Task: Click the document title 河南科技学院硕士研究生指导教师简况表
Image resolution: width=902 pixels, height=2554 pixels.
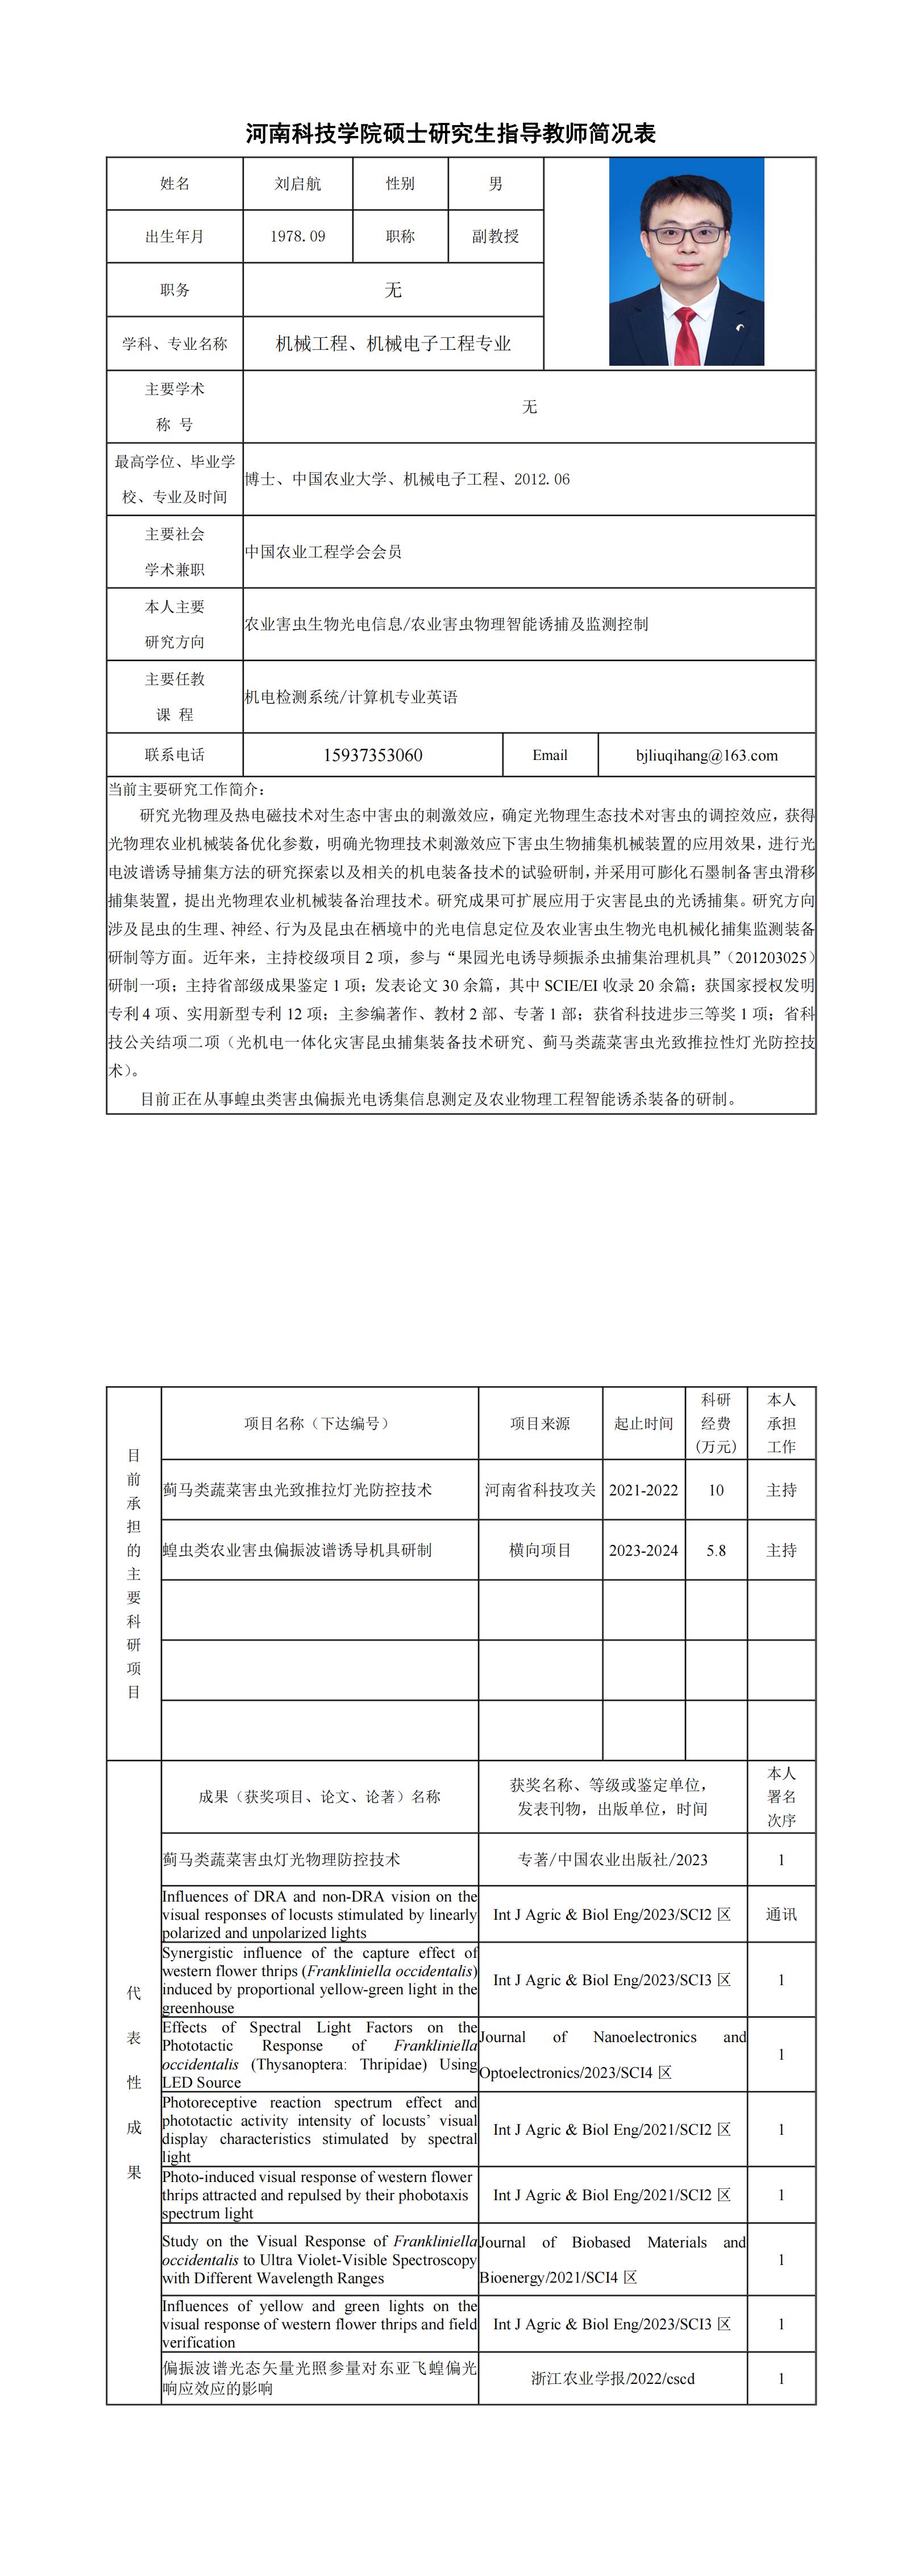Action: (451, 134)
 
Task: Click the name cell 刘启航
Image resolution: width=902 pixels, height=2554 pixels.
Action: (297, 183)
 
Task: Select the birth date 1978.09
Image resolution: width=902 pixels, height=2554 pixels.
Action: (297, 236)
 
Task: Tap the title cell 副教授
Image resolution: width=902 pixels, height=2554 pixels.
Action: (496, 236)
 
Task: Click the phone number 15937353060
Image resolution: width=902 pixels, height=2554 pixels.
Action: (373, 755)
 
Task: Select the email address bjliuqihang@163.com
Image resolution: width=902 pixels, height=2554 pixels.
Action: (706, 755)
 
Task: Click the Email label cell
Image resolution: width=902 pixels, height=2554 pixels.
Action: (550, 755)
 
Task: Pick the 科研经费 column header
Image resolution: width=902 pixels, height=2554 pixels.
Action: (716, 1423)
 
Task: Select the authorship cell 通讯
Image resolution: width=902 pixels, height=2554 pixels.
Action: (781, 1915)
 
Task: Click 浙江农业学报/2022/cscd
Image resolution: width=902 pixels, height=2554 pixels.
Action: (613, 2378)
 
